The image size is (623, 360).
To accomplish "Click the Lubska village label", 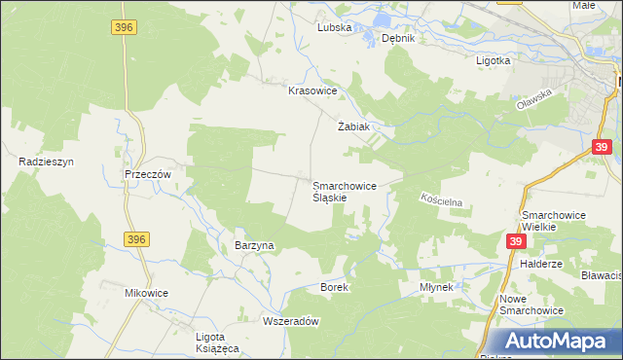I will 334,28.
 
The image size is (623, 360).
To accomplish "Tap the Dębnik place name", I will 398,39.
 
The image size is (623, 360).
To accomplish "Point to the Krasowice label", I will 312,90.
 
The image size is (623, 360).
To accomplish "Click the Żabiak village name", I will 353,126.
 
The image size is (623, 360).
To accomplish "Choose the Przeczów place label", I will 148,173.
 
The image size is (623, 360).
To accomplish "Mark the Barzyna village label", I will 255,245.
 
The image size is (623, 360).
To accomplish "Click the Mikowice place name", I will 147,292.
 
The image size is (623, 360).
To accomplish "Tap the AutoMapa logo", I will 556,342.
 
